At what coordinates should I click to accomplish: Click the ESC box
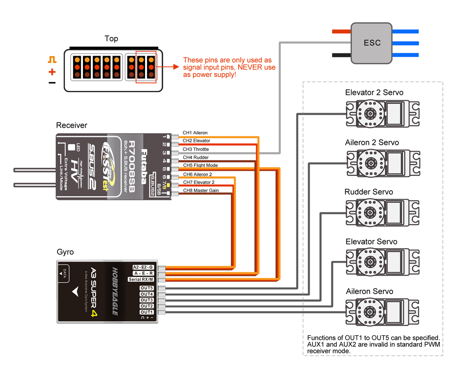coord(372,43)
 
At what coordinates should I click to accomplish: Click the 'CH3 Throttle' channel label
coord(196,149)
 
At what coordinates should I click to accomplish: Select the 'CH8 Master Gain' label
coord(201,190)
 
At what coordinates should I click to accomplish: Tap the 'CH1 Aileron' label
coord(195,133)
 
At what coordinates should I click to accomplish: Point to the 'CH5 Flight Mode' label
coord(200,165)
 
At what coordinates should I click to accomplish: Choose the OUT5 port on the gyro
coord(147,288)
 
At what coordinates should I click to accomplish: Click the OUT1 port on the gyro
coord(147,312)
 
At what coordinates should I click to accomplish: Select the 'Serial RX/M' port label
coord(141,279)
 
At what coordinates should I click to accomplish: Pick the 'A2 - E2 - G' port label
coord(143,267)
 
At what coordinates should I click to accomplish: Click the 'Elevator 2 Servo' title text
coord(374,93)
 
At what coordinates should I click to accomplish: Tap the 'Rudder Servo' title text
coord(368,192)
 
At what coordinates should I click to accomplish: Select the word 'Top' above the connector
coord(111,39)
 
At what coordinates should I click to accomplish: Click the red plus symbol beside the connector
coord(52,72)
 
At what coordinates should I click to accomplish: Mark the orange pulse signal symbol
coord(52,60)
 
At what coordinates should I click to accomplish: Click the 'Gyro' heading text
coord(65,252)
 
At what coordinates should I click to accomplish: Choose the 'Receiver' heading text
coord(72,125)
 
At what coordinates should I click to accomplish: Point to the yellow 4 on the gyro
coord(93,313)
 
